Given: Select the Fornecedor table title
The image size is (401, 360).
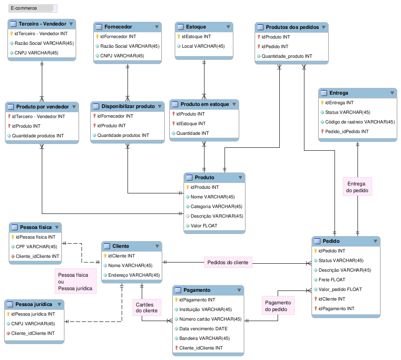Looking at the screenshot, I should pos(118,27).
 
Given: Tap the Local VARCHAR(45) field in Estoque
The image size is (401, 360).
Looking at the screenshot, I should pos(203,46).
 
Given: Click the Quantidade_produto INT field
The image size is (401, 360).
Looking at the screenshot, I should pos(287,56).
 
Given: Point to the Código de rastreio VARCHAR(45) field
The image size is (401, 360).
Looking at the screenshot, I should pos(360,122).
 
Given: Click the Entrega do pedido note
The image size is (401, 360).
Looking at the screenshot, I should pos(357,187).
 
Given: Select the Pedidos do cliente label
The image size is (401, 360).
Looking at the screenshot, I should pos(228,262).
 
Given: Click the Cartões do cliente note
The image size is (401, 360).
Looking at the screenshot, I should pos(147,308).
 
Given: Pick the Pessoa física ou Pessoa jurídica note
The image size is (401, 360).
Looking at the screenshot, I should pos(75,281).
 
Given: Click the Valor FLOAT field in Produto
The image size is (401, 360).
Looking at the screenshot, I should pos(204,226).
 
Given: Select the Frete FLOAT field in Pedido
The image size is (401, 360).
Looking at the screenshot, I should pos(332,280).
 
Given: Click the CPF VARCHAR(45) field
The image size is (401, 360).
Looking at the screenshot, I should pos(36,247).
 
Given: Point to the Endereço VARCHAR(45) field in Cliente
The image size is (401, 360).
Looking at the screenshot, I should pos(134,275).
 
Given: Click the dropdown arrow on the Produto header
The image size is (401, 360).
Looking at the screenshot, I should pos(240,177).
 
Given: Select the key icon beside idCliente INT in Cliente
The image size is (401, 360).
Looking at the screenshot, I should pos(105,256).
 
